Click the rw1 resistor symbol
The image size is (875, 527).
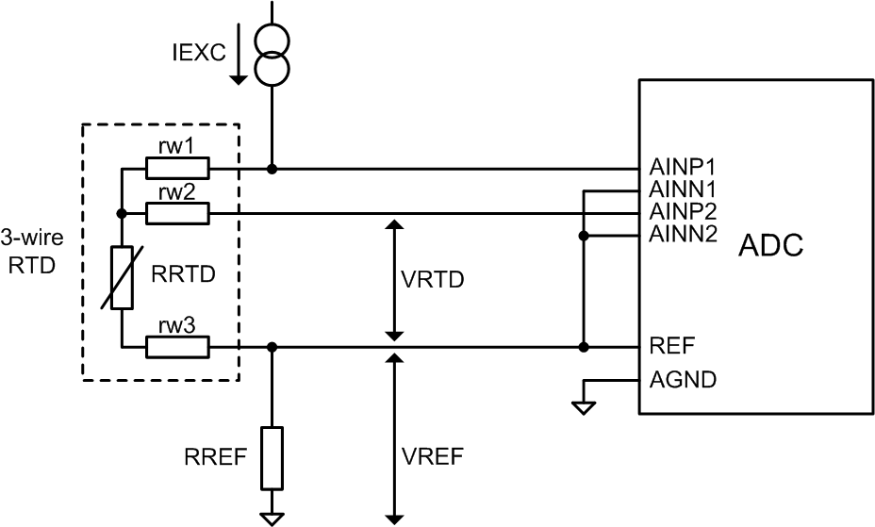(177, 169)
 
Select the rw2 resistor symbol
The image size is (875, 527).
(177, 214)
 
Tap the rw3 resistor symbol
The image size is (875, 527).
(177, 347)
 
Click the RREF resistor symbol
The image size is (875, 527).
(272, 458)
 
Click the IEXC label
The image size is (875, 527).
(199, 53)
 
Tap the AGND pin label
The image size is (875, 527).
(683, 381)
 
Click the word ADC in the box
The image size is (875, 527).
(770, 246)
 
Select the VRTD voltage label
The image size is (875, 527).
(433, 281)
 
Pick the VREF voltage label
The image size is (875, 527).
(433, 458)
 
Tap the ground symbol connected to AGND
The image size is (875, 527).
(585, 406)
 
